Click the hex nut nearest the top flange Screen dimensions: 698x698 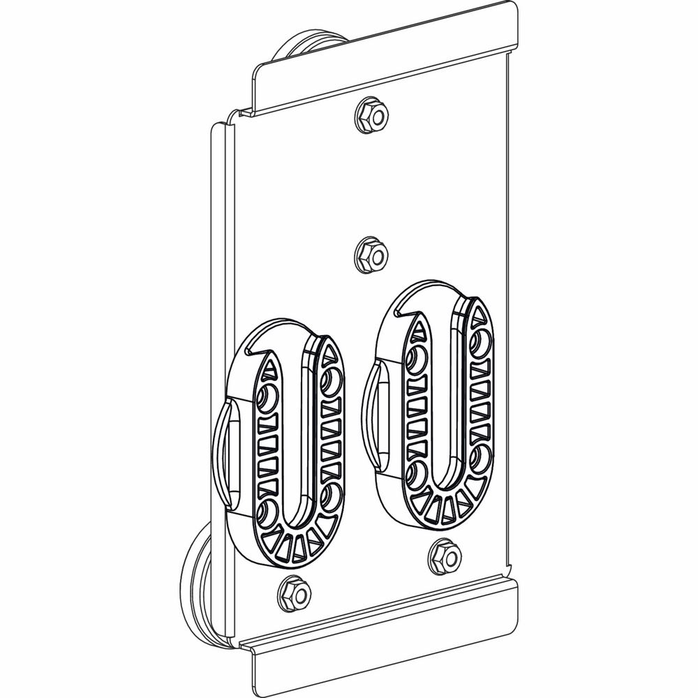[x=371, y=115]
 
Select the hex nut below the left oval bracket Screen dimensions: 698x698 [x=294, y=594]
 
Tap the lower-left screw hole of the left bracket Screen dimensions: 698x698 [x=266, y=513]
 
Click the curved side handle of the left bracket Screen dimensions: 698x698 [x=222, y=454]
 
